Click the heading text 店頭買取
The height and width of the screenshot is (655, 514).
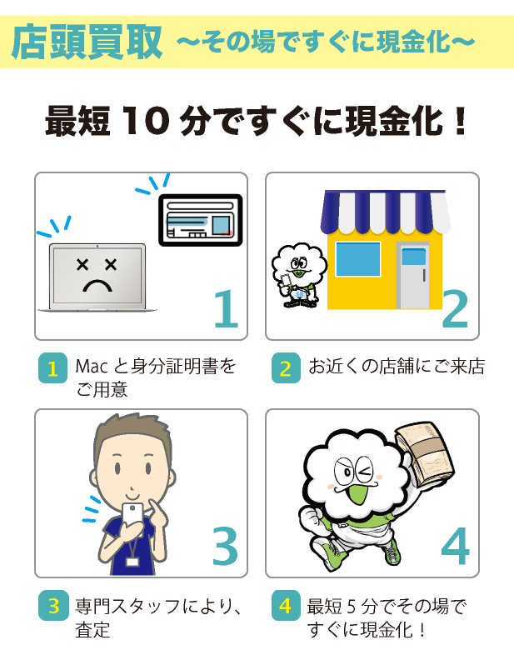[87, 42]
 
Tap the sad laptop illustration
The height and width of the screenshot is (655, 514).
[97, 277]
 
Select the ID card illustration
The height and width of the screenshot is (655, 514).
[201, 220]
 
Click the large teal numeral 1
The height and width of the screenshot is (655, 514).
[227, 308]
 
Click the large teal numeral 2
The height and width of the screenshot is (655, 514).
[455, 308]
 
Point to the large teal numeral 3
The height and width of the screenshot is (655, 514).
[226, 546]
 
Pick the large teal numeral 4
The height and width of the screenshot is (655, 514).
[456, 546]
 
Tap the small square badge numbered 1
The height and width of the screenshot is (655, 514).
[52, 368]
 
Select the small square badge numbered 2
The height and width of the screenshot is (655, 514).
[286, 368]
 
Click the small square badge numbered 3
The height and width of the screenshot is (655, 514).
[52, 605]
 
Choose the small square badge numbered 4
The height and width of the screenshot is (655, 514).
[286, 605]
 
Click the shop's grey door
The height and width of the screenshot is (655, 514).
[412, 276]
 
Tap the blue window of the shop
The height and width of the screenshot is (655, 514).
[358, 259]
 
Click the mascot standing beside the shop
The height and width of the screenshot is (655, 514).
[298, 276]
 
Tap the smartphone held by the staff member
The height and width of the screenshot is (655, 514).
[132, 519]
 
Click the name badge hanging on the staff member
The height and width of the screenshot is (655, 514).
[132, 562]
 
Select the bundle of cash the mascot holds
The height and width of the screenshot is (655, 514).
[425, 455]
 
